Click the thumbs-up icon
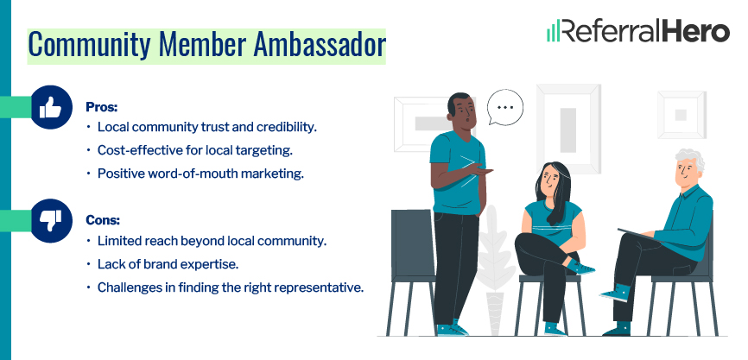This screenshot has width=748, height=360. tap(51, 107)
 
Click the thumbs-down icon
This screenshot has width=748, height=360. tap(51, 221)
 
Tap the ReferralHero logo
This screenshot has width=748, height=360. tap(638, 31)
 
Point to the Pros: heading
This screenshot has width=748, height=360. tap(101, 107)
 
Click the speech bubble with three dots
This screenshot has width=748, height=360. tap(505, 109)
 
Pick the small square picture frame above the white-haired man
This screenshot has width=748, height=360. tap(681, 114)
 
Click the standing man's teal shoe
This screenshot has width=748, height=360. tap(448, 329)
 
